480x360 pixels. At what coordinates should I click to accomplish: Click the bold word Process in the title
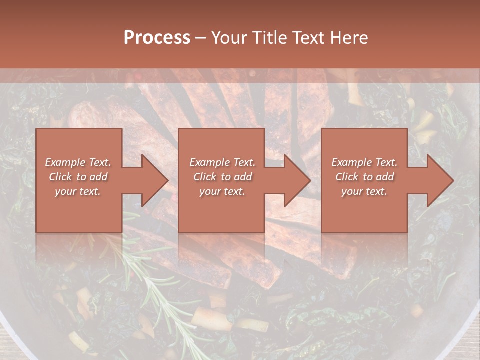tap(157, 38)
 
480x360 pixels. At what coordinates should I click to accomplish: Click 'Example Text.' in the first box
tap(78, 162)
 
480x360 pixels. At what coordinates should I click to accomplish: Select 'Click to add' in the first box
tap(78, 177)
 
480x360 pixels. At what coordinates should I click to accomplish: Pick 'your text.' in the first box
tap(78, 191)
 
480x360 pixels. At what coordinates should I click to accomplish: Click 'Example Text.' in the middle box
tap(222, 162)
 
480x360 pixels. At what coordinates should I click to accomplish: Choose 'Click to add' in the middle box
tap(222, 177)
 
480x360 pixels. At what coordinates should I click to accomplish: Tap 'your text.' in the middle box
tap(222, 191)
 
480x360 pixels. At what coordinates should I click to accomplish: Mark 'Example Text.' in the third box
tap(364, 162)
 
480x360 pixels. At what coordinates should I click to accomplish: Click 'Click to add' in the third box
tap(364, 177)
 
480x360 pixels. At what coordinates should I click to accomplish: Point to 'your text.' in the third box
tap(364, 191)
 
